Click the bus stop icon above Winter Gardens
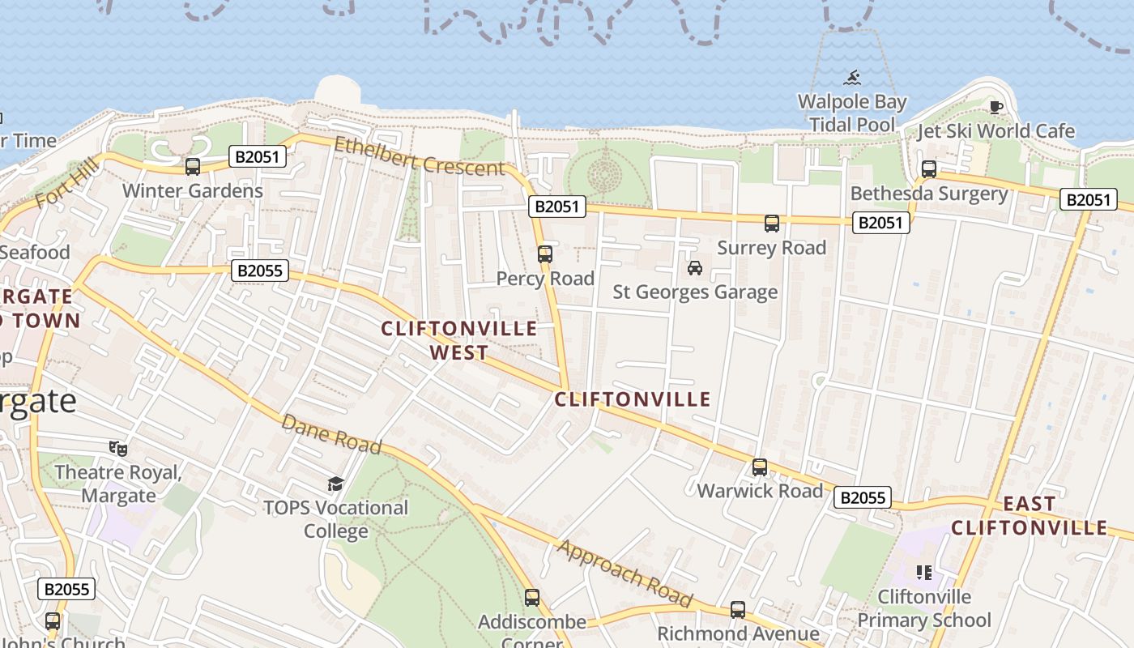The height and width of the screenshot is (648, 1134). [193, 167]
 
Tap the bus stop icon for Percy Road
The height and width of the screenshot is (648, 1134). [545, 254]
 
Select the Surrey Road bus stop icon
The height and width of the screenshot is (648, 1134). [772, 224]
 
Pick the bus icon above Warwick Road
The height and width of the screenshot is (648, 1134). [760, 467]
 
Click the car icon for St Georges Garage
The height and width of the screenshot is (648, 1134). [694, 268]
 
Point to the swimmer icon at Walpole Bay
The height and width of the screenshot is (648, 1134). [852, 79]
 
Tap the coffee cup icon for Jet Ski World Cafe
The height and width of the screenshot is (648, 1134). [996, 107]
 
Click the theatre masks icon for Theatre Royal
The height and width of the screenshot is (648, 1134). [118, 448]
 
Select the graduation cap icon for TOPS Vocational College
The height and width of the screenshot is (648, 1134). [335, 484]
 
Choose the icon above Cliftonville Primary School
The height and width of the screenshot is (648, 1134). [924, 573]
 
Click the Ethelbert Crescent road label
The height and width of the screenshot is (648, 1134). [420, 157]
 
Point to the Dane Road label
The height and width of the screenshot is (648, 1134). [331, 435]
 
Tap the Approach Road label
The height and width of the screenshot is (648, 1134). [625, 574]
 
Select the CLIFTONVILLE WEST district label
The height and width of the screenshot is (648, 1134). [459, 340]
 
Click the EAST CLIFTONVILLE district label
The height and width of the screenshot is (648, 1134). [1029, 516]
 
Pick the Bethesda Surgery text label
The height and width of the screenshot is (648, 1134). [929, 194]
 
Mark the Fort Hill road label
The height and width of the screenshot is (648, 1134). [67, 184]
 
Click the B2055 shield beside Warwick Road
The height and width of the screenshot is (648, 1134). [863, 497]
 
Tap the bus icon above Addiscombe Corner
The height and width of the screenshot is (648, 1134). [532, 598]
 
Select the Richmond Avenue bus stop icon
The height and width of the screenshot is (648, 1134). [738, 610]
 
